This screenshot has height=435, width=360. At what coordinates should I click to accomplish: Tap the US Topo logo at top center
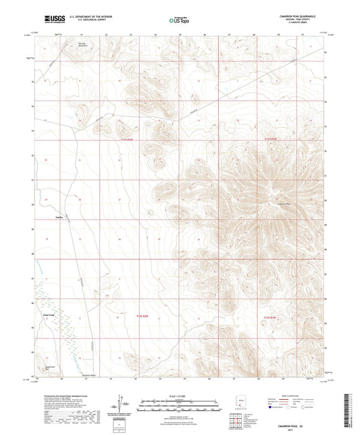click(179, 21)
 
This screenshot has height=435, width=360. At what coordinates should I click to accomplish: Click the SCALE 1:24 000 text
click(179, 396)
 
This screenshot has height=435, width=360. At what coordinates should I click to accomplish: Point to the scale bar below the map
click(179, 406)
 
